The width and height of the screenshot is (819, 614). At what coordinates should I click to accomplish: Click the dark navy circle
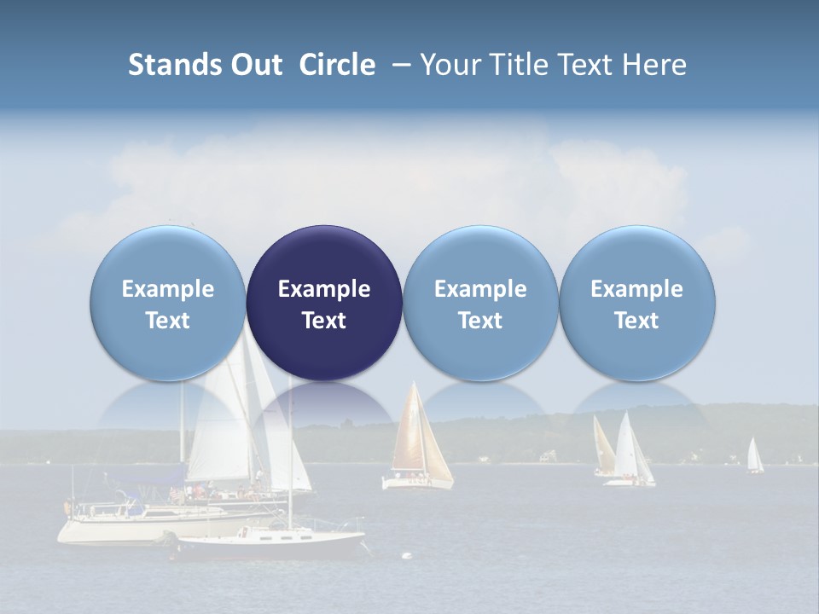324,303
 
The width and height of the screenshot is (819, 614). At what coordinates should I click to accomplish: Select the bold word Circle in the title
337,65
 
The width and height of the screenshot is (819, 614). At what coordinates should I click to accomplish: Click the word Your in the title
450,65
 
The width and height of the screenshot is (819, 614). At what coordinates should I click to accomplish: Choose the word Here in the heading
653,65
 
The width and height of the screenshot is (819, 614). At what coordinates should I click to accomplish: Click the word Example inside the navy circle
324,289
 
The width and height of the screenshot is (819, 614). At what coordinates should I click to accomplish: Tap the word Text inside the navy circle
324,321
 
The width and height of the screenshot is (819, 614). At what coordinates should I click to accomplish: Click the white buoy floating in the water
406,556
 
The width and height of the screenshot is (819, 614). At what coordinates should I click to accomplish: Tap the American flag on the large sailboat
176,493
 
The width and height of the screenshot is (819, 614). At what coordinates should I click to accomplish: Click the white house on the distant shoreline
485,459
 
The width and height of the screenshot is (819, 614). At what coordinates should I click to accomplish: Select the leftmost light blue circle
168,303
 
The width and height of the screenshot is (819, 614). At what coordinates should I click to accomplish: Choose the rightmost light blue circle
636,303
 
